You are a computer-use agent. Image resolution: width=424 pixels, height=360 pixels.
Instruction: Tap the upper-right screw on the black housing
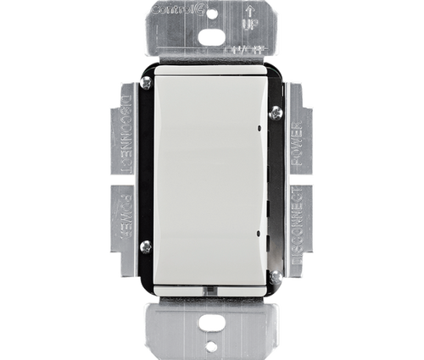click(275, 108)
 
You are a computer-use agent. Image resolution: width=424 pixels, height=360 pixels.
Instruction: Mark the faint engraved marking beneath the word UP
click(243, 50)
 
